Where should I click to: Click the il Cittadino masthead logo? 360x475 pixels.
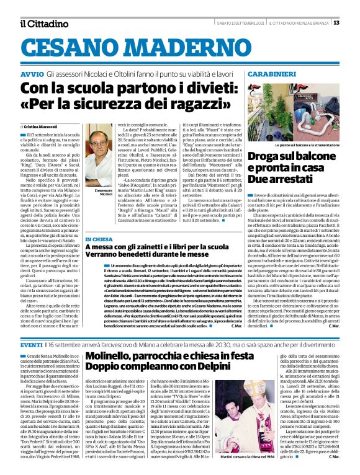(43, 24)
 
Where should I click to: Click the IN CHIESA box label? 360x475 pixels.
(99, 239)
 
